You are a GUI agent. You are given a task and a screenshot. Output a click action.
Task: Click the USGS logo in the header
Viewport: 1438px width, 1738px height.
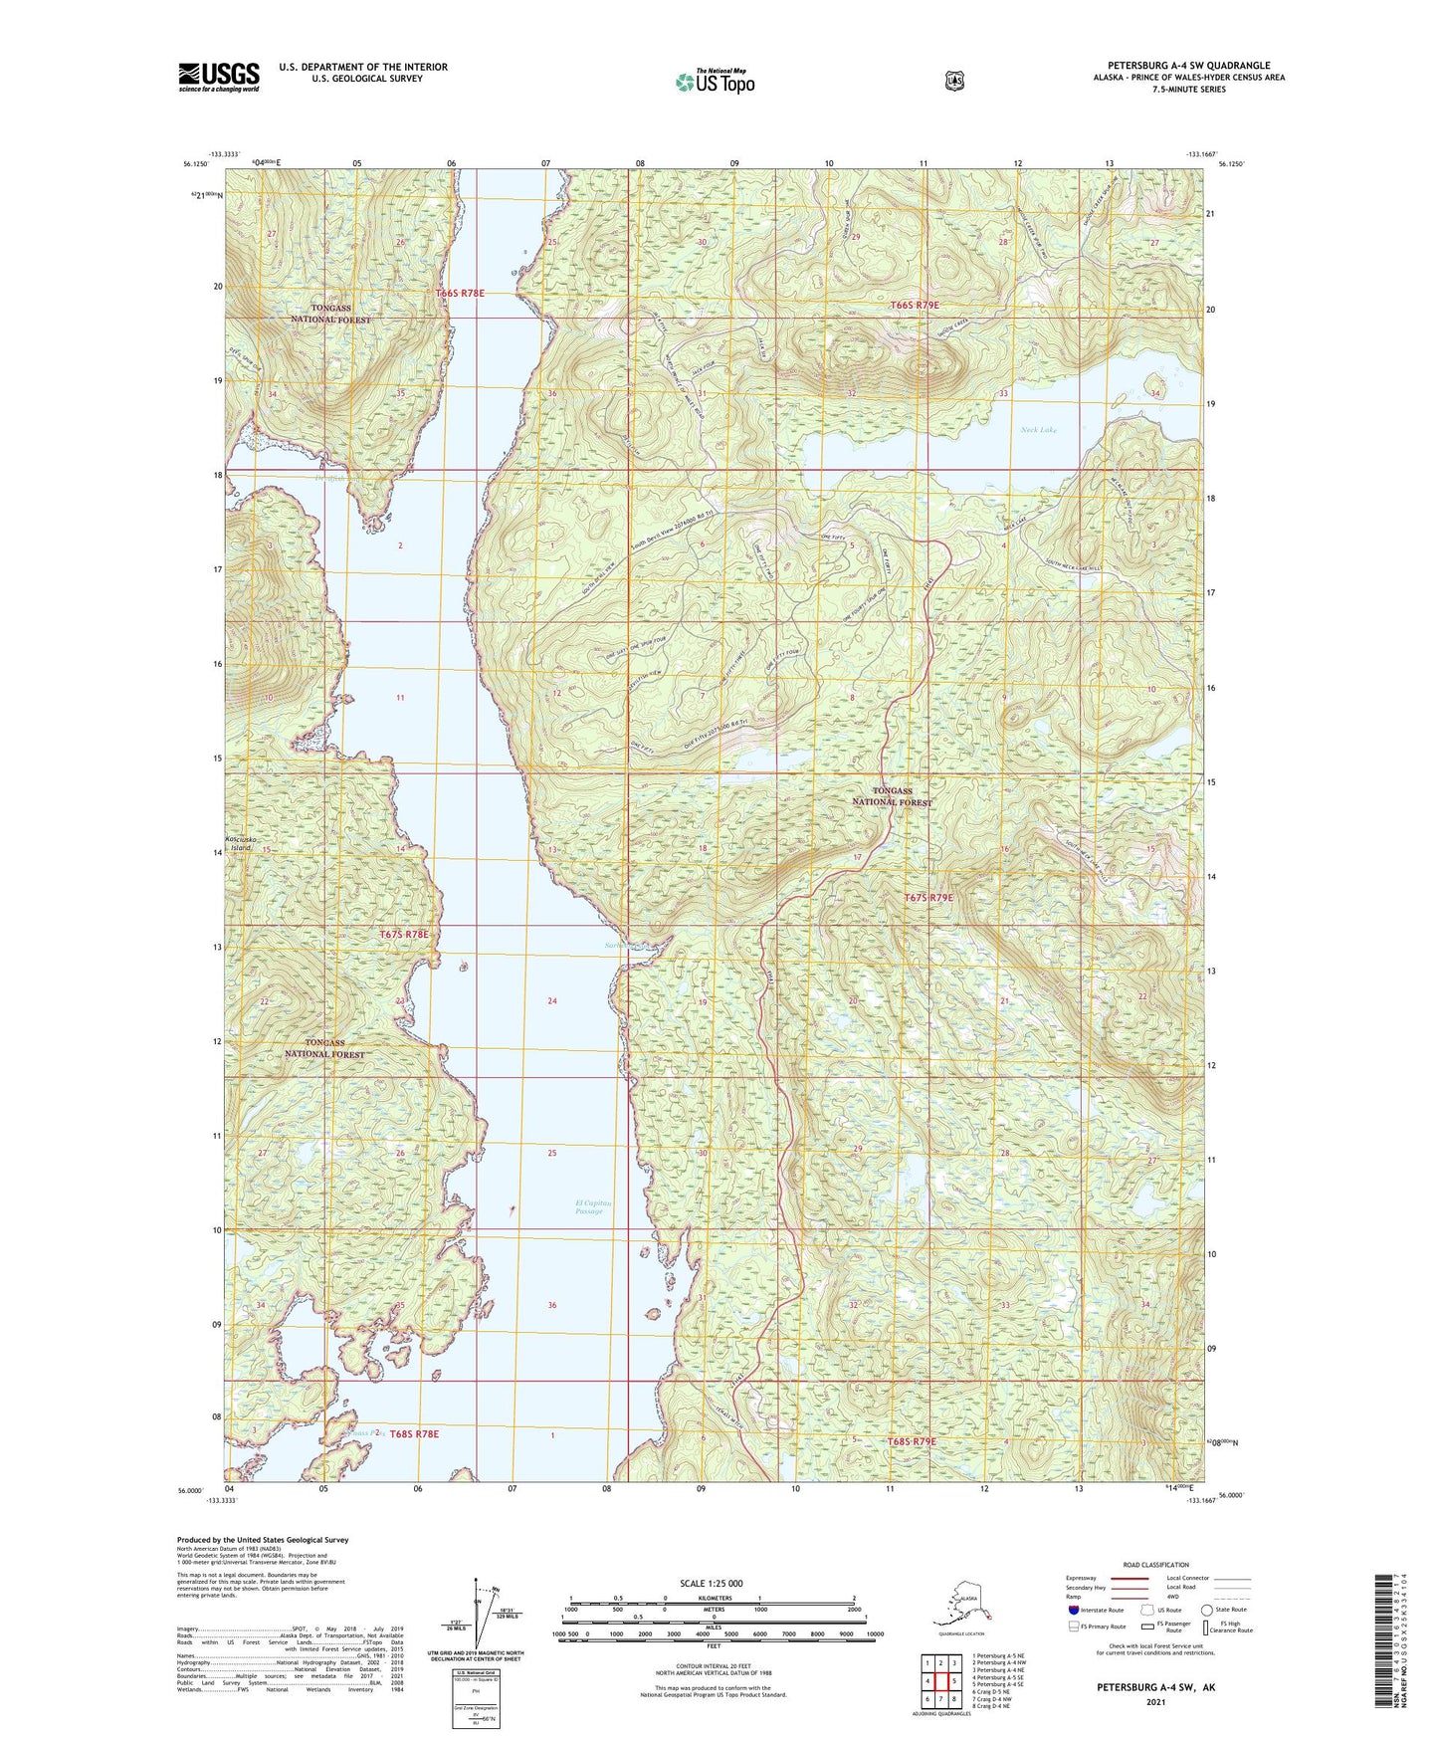click(x=219, y=77)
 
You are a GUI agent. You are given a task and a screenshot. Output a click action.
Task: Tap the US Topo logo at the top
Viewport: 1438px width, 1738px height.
click(x=715, y=82)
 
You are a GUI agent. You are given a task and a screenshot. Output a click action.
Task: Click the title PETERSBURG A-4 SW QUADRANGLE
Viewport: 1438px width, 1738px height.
click(x=1188, y=66)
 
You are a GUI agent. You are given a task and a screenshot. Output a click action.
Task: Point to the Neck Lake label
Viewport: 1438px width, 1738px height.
click(x=1038, y=430)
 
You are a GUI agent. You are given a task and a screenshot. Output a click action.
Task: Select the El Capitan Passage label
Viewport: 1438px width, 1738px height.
click(x=592, y=1206)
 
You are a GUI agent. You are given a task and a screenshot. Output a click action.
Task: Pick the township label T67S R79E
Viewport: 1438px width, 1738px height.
click(x=927, y=898)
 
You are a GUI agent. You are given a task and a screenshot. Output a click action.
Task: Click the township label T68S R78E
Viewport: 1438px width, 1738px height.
click(x=414, y=1433)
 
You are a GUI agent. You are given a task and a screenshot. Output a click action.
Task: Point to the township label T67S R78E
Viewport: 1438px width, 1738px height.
click(x=404, y=935)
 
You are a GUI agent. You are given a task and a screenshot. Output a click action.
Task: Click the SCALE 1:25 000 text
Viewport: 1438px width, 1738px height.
click(x=711, y=1584)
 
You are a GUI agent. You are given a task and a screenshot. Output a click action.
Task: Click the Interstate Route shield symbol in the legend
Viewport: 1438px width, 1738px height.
click(x=1073, y=1610)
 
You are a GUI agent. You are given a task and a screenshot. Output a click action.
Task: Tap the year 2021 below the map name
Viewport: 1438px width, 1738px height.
click(x=1155, y=1702)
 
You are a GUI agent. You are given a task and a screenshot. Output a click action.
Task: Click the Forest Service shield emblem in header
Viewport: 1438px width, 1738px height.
click(x=954, y=81)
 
